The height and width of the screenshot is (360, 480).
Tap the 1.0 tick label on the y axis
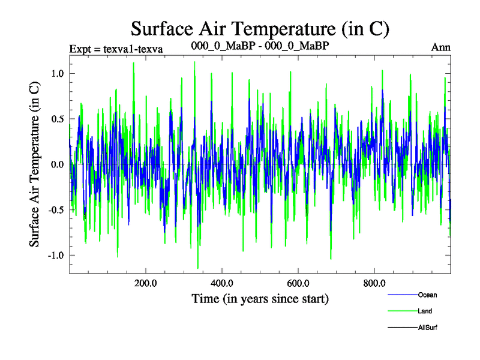(x=58, y=73)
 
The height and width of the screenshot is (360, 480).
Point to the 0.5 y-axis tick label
(x=58, y=119)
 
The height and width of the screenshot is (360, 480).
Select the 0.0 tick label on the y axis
(x=58, y=164)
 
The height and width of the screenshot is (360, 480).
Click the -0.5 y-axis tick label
(x=56, y=210)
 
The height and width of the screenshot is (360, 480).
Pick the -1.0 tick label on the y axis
(x=56, y=255)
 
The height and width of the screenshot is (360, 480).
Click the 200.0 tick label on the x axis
(x=146, y=283)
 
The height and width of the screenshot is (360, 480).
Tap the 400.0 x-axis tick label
(x=222, y=283)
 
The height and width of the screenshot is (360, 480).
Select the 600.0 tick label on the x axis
(x=298, y=283)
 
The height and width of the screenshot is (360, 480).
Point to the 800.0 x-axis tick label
(x=374, y=283)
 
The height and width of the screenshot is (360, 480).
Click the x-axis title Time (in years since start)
(x=260, y=298)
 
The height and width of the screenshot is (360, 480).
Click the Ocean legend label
(x=428, y=295)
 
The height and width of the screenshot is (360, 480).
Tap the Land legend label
(x=425, y=311)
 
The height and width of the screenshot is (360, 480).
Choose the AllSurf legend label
(x=428, y=328)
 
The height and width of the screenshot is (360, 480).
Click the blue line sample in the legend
(x=402, y=295)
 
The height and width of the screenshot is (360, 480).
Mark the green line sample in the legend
(x=402, y=311)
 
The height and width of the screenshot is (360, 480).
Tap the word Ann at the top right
(x=441, y=47)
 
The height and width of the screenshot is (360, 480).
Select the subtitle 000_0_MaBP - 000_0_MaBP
(x=259, y=46)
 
